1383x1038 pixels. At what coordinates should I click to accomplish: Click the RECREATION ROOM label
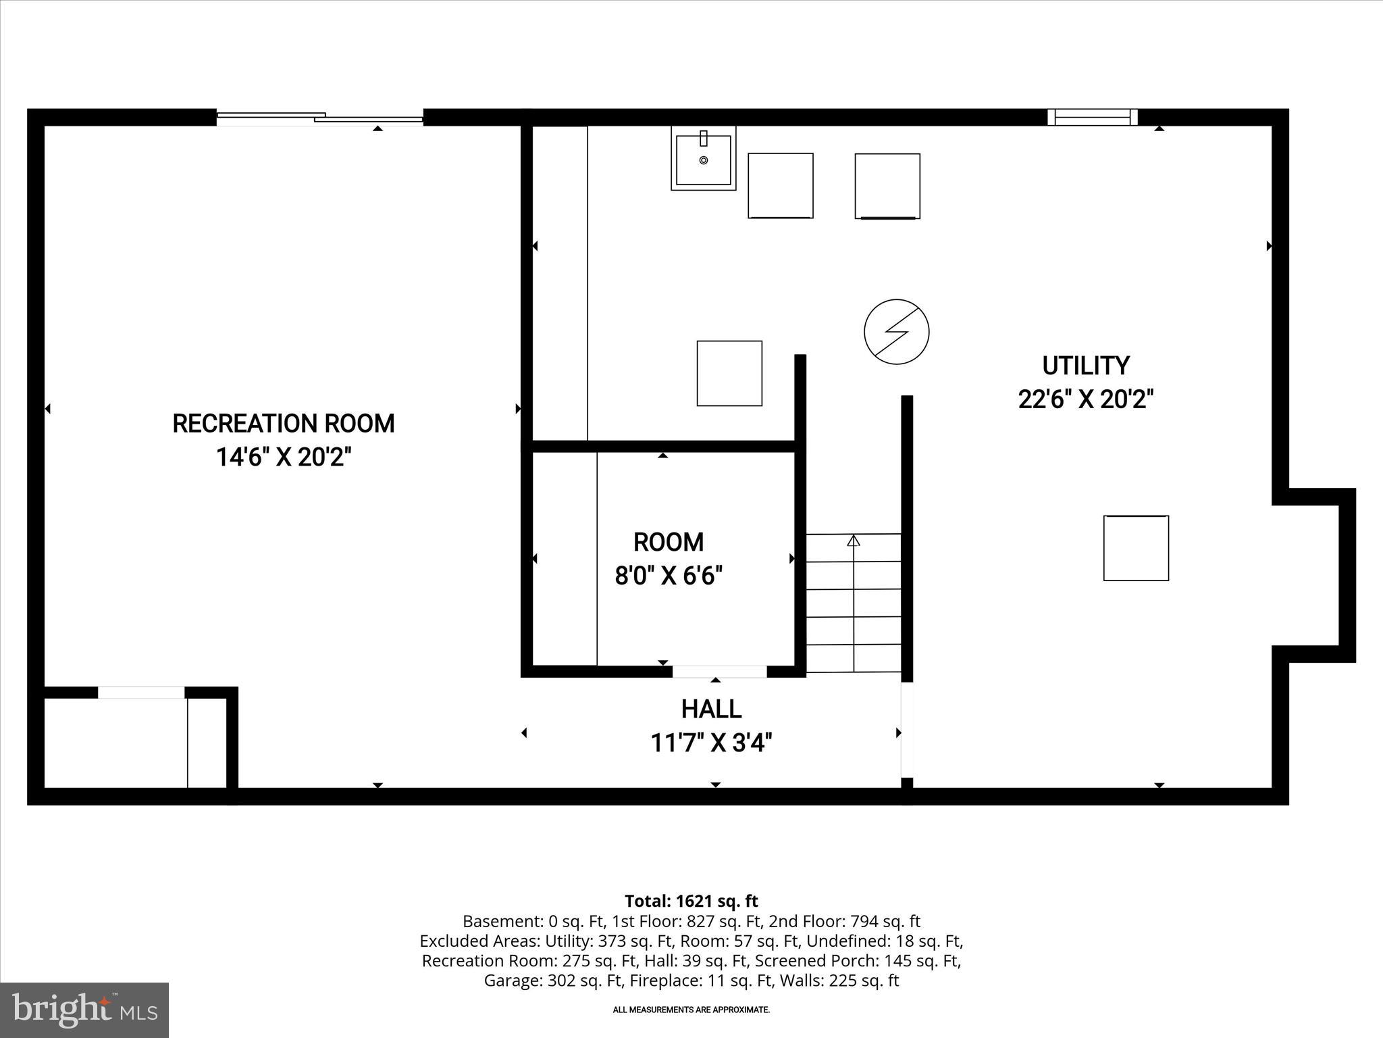[x=284, y=424]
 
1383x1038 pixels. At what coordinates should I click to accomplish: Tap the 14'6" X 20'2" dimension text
[x=284, y=458]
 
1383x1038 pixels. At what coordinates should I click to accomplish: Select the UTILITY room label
[x=1085, y=366]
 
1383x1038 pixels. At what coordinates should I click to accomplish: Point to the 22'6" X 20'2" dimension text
[x=1085, y=399]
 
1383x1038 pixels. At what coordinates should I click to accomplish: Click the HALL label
[x=711, y=709]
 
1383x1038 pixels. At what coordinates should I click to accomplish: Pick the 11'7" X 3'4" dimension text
[x=711, y=743]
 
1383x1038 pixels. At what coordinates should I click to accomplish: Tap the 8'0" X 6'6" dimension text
[x=669, y=576]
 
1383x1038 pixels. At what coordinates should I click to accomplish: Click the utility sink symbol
[x=703, y=159]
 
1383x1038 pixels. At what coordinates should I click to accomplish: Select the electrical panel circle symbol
[x=896, y=332]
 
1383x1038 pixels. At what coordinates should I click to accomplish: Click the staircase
[x=854, y=603]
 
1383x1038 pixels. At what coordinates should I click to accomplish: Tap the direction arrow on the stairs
[x=854, y=541]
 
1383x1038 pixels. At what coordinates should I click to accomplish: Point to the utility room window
[x=1092, y=117]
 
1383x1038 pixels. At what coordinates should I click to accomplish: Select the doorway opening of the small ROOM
[x=719, y=671]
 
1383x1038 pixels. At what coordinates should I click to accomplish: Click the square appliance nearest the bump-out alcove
[x=1136, y=548]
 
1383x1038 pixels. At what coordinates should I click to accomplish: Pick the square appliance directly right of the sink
[x=780, y=186]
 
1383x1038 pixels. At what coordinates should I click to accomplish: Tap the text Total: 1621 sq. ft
[x=691, y=901]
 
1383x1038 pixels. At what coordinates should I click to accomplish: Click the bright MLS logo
[x=84, y=1010]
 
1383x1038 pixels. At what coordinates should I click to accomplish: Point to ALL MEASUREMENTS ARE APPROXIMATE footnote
[x=691, y=1010]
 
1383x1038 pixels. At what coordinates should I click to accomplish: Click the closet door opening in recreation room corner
[x=141, y=693]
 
